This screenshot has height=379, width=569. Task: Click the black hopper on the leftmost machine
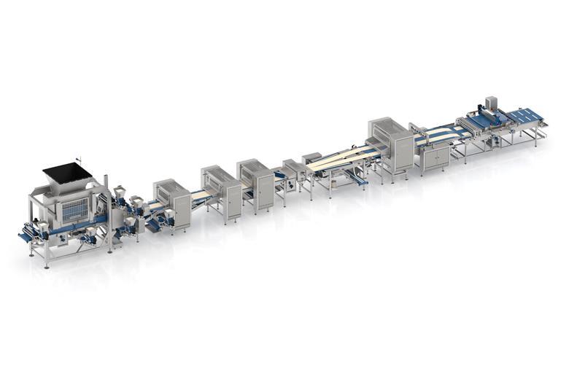coord(67,172)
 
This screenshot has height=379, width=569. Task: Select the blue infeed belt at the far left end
coord(26,237)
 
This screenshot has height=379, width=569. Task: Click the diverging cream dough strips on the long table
coord(343,157)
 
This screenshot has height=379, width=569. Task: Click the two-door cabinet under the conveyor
coord(436,157)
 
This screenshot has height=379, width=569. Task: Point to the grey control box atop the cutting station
coord(491,102)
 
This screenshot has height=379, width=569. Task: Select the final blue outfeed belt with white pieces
coord(526,116)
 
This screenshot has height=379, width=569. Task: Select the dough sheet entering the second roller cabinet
coord(198,195)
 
